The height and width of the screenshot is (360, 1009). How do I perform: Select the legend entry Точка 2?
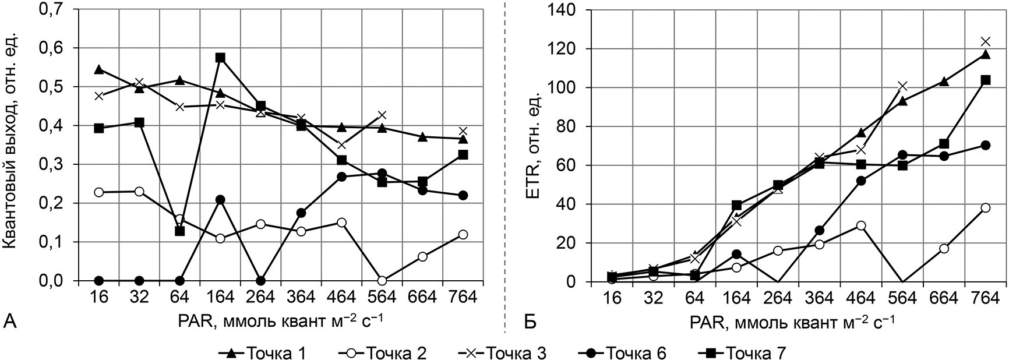(x=397, y=353)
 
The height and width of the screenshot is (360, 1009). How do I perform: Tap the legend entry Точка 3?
(x=515, y=353)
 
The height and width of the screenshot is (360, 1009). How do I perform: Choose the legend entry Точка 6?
(x=636, y=353)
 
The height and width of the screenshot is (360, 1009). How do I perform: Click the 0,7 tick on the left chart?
(x=55, y=9)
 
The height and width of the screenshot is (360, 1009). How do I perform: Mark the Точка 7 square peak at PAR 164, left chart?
(x=220, y=58)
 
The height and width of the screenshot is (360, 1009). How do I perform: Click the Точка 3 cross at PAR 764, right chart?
(x=985, y=41)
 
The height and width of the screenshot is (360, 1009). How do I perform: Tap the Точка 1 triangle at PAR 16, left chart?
(x=99, y=69)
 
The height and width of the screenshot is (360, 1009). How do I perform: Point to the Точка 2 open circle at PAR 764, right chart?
(x=985, y=207)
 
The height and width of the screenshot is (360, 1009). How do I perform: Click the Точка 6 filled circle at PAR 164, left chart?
(x=220, y=200)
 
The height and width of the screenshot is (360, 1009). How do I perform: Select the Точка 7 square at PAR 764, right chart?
(x=985, y=80)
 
